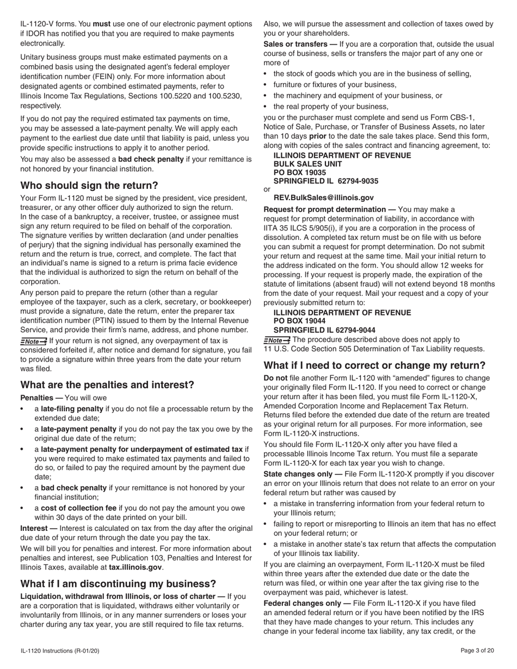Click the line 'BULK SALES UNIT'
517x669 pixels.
307,164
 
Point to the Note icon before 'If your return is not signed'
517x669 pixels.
33,341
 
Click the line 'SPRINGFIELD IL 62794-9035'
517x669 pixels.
325,181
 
